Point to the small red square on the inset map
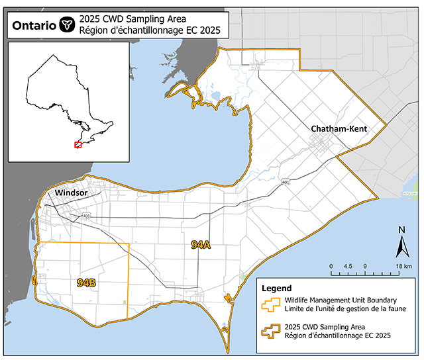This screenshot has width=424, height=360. click(78, 144)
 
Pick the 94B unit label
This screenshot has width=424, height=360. click(87, 283)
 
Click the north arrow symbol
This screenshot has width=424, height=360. click(401, 247)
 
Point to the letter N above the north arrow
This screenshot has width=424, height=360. click(401, 230)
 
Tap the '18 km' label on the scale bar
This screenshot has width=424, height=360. click(403, 266)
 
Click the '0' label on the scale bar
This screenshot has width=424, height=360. click(331, 266)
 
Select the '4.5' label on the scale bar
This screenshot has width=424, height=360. click(348, 266)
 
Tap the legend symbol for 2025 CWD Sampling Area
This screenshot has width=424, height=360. click(273, 331)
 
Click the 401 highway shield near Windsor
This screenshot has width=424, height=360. click(87, 216)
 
